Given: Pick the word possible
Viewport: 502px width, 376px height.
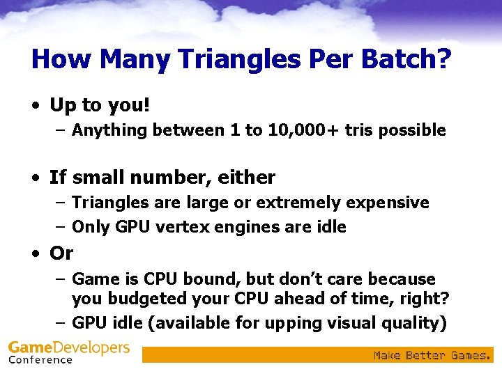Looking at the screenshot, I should [411, 130].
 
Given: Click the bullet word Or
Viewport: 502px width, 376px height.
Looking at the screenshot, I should [61, 253].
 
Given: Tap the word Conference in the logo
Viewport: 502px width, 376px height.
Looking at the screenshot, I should [40, 360].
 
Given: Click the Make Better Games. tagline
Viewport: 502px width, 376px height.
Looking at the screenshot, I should [432, 355].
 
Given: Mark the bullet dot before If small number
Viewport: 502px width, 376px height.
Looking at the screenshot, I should [35, 178].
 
